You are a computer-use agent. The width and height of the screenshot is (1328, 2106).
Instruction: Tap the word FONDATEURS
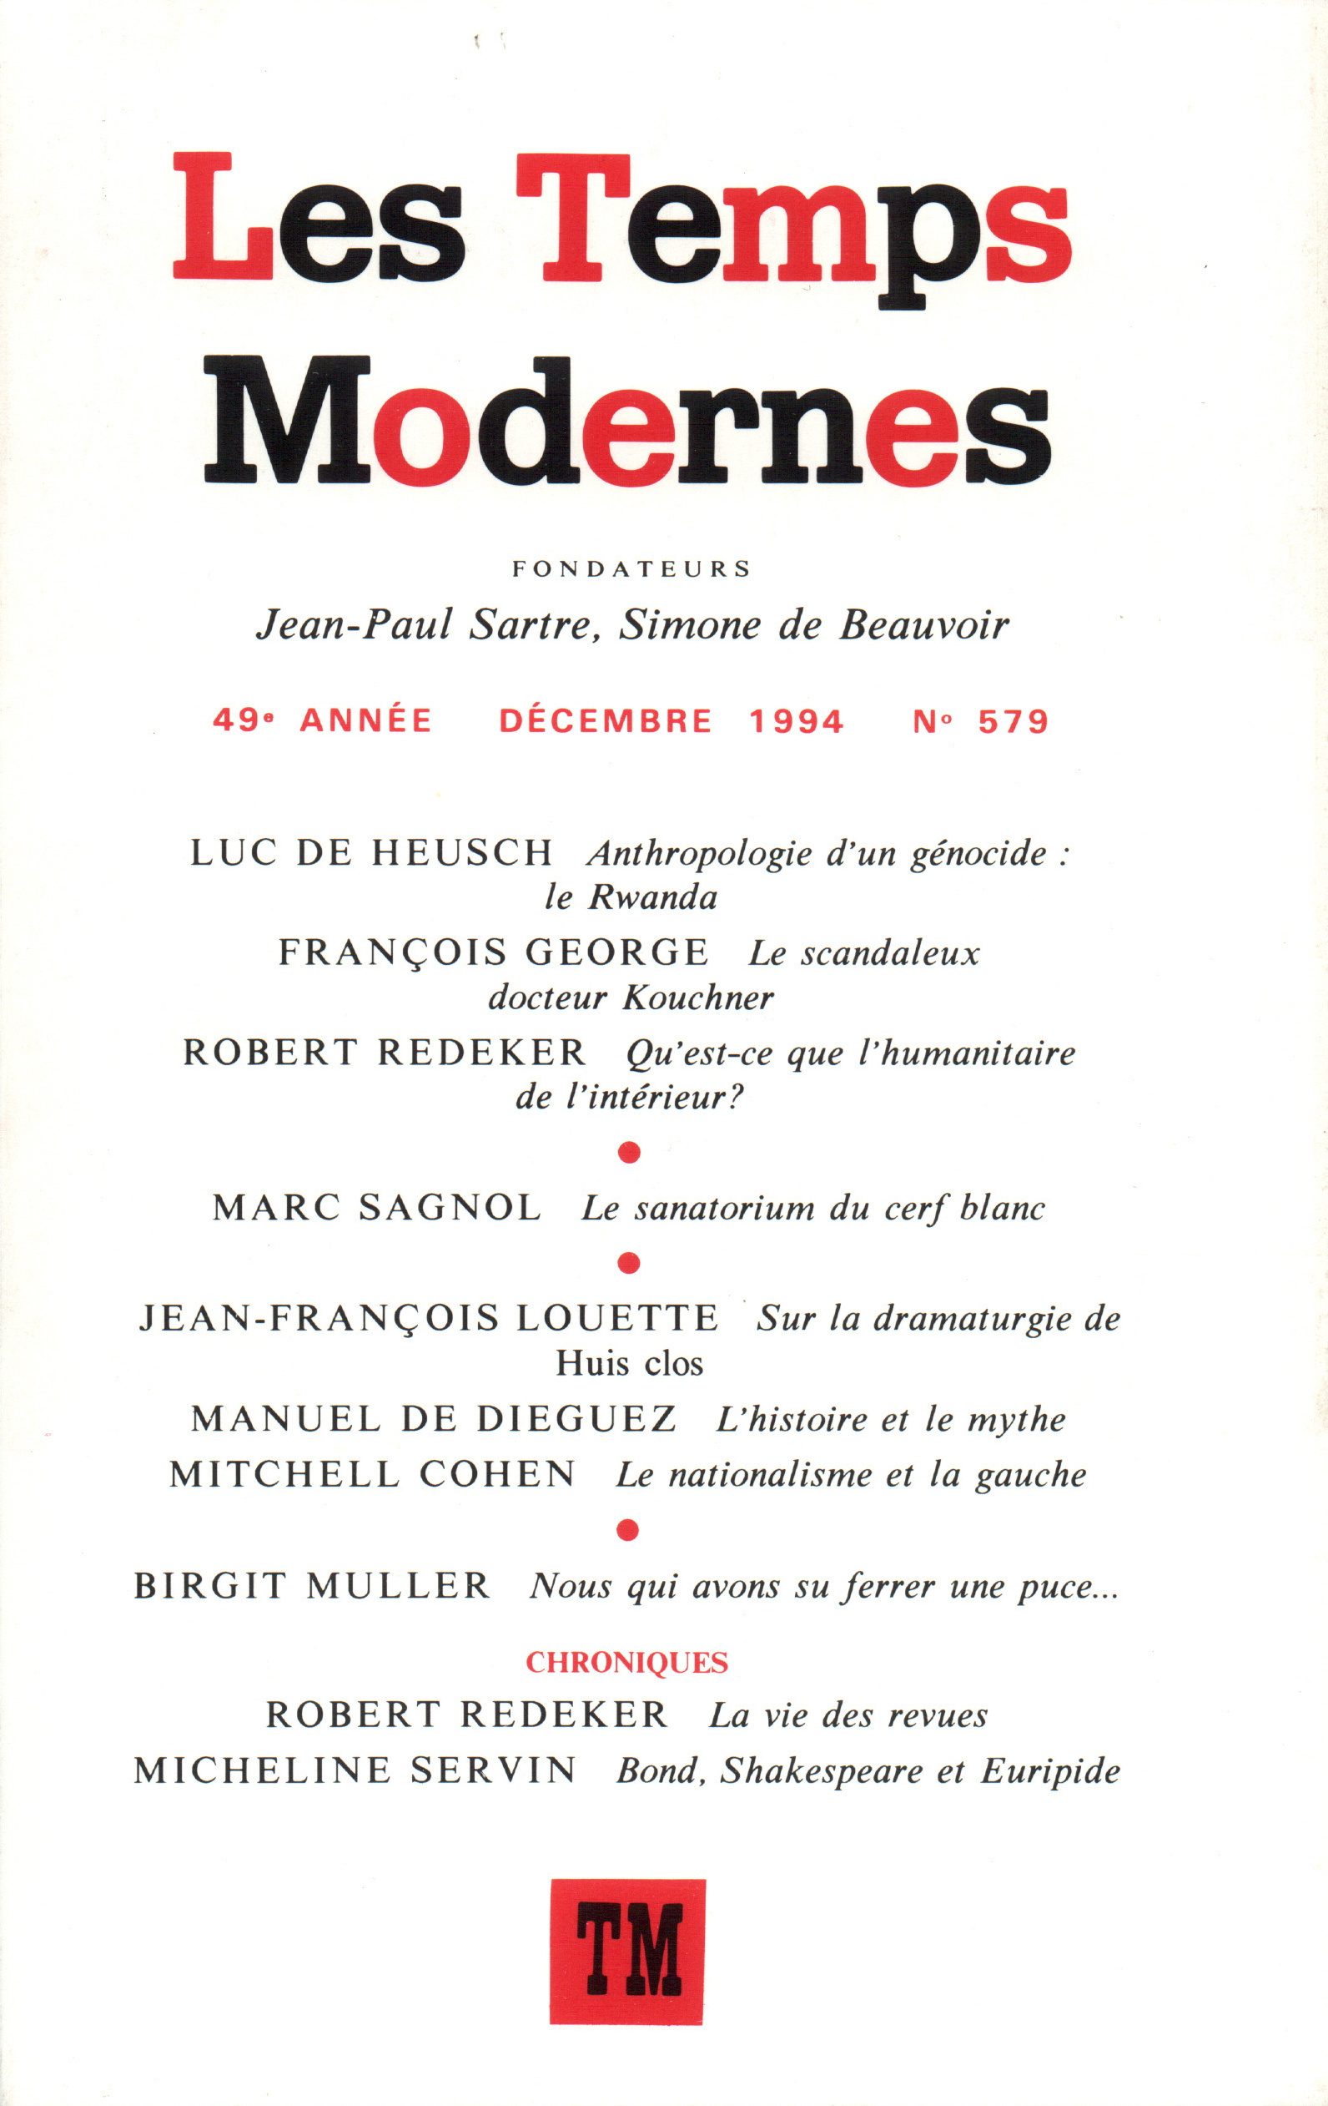tap(631, 569)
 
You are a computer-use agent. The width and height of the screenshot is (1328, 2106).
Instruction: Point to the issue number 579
tap(1014, 721)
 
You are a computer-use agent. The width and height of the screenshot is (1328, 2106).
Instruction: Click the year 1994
tap(797, 721)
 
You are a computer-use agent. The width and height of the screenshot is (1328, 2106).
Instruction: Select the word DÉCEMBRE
tap(606, 721)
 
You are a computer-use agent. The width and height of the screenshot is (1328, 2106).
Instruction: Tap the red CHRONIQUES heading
tap(626, 1662)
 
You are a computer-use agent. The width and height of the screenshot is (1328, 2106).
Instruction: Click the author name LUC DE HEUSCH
tap(371, 853)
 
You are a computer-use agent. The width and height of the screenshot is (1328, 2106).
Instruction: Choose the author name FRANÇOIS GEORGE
tap(493, 952)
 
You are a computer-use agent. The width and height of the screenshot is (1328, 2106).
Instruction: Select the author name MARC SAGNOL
tap(377, 1209)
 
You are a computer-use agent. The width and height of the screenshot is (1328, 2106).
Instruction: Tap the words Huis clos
tap(630, 1365)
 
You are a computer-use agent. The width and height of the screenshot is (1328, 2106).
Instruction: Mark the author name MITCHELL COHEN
tap(372, 1475)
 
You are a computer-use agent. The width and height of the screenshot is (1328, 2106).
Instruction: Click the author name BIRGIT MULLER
tap(312, 1586)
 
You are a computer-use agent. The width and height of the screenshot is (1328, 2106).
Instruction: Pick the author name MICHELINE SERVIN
tap(355, 1770)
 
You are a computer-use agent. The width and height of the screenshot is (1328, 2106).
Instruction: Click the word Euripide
tap(1050, 1770)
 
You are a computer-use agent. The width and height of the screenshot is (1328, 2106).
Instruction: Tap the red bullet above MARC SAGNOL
tap(629, 1153)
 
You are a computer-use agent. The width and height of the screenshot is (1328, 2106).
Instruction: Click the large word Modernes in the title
tap(626, 420)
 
